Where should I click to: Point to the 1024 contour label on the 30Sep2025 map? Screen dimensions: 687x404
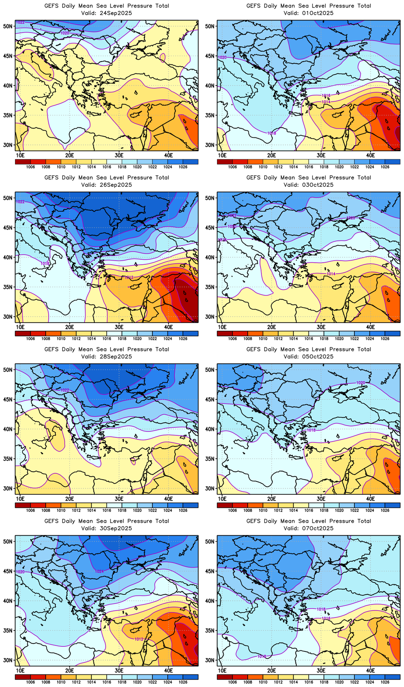99,571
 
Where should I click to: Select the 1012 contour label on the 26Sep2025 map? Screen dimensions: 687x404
129,277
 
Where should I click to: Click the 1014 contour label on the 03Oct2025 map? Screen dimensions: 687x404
331,274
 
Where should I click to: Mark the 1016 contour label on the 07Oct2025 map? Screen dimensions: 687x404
326,618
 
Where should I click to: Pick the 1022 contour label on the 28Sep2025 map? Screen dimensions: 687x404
65,390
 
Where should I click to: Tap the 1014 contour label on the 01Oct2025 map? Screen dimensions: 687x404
326,102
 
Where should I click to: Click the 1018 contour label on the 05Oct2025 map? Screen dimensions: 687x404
311,430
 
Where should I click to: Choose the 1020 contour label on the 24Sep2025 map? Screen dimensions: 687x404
65,33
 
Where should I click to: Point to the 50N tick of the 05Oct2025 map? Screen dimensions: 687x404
210,369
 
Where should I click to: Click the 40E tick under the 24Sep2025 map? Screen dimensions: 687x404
168,155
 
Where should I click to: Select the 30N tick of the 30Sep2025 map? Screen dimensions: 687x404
8,660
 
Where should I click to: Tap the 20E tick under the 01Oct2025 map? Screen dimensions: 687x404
272,155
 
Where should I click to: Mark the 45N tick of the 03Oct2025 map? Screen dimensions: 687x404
210,227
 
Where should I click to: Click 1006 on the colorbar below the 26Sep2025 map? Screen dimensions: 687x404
31,338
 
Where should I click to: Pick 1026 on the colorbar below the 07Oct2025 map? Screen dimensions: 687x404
385,682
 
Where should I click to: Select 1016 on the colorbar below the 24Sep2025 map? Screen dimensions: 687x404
107,167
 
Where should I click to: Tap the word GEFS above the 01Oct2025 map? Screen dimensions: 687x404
254,6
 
